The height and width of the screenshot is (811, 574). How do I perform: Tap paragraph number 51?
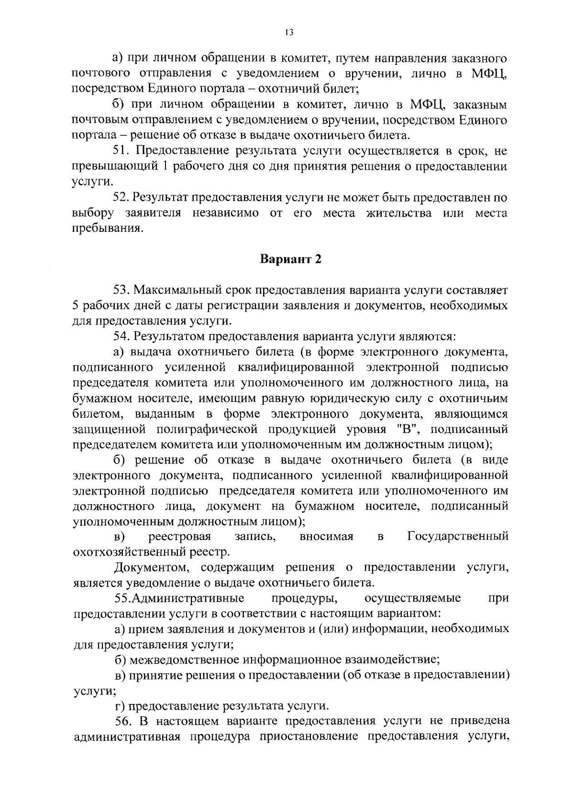(x=122, y=151)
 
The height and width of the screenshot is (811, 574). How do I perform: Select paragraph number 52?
(x=122, y=197)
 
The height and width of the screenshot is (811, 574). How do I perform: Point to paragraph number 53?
(x=122, y=290)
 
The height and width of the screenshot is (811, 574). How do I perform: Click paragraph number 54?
(x=122, y=336)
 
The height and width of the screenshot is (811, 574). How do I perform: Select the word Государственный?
(x=458, y=536)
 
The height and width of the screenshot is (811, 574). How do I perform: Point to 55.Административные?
(x=179, y=598)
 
